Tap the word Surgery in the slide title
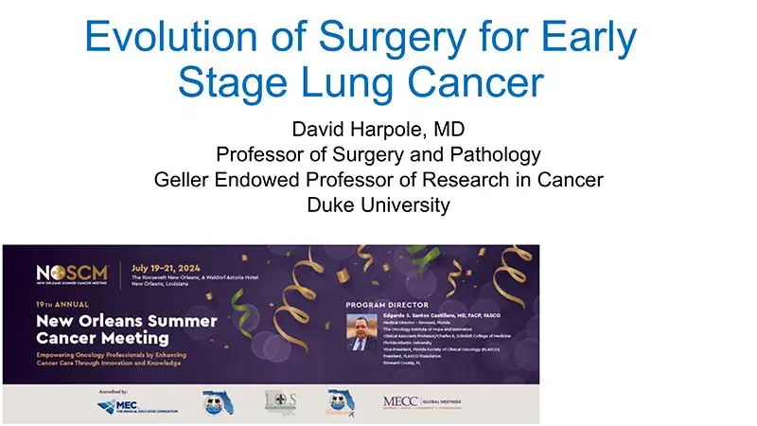point(375,37)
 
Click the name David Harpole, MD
point(378,130)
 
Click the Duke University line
point(378,204)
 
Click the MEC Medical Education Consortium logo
point(132,404)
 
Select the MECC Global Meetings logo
point(422,401)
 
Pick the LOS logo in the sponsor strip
point(280,401)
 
